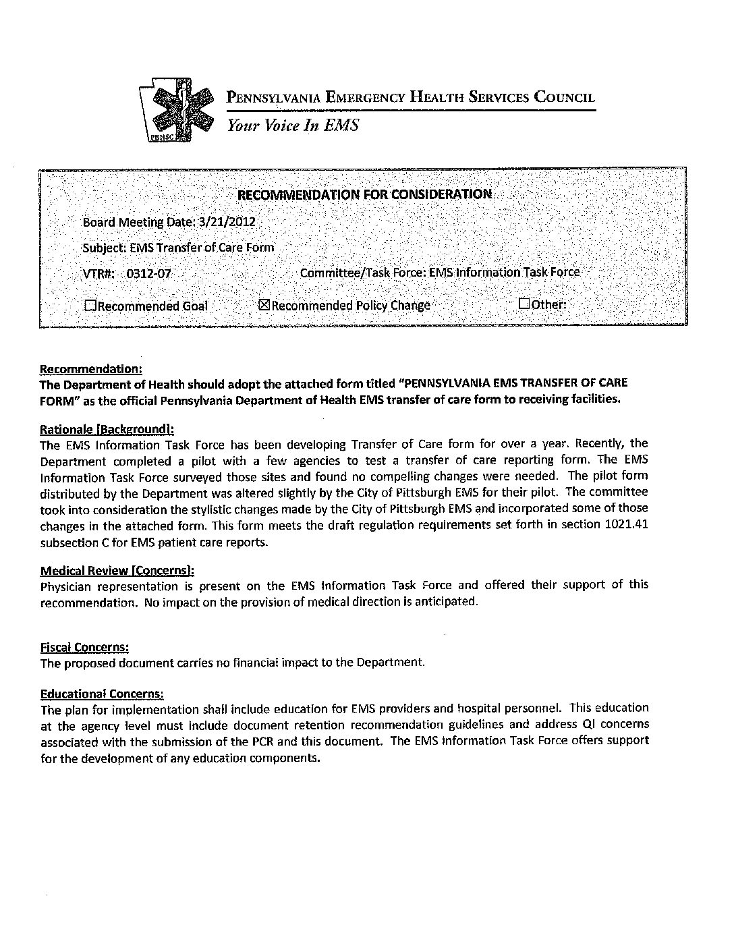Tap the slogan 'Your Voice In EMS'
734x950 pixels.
coord(292,125)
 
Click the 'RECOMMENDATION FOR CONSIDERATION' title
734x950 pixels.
coord(365,194)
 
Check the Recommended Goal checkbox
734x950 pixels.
coord(90,306)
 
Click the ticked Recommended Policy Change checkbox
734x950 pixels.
coord(264,305)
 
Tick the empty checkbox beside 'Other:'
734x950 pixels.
coord(524,304)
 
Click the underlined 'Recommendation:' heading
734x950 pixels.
coord(91,369)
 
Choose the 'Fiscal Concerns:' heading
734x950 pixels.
coord(84,647)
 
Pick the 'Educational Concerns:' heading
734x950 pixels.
coord(102,694)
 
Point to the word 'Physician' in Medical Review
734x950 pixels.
coord(65,586)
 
